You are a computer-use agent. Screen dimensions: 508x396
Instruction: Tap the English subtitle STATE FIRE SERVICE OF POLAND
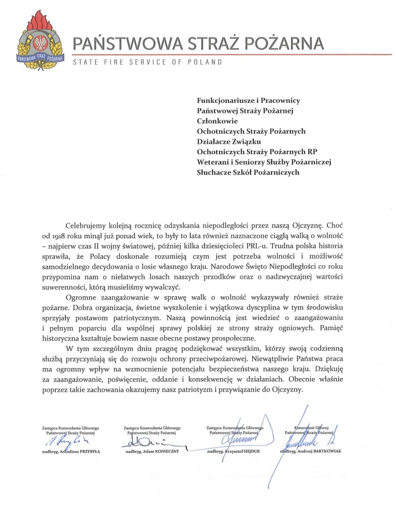pyautogui.click(x=148, y=62)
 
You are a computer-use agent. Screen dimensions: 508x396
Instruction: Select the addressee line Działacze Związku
pyautogui.click(x=228, y=141)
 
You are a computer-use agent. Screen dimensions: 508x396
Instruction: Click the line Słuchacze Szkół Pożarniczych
pyautogui.click(x=248, y=172)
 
